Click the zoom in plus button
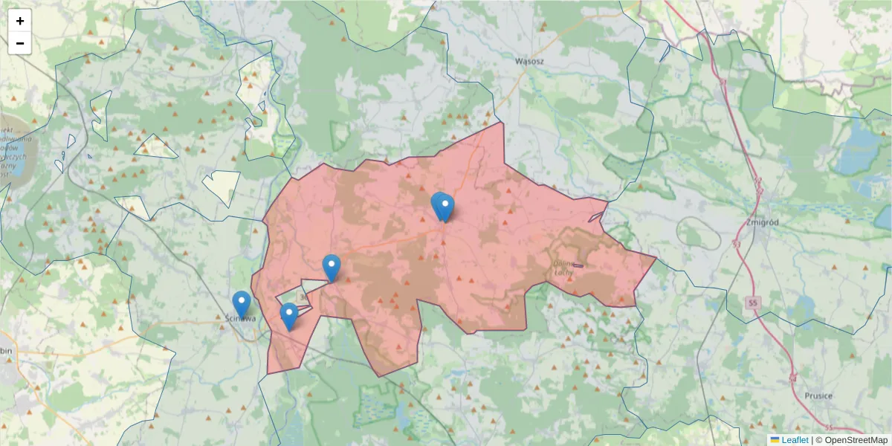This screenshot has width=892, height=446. pyautogui.click(x=20, y=21)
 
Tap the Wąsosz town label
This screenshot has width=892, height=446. pyautogui.click(x=531, y=61)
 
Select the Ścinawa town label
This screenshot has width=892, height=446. pyautogui.click(x=240, y=319)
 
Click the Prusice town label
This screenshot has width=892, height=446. pyautogui.click(x=818, y=396)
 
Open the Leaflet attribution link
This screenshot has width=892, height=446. pyautogui.click(x=795, y=440)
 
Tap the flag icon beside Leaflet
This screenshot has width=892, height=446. pyautogui.click(x=775, y=440)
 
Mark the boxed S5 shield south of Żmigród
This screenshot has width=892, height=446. pyautogui.click(x=754, y=303)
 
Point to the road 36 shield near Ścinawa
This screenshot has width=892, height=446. pyautogui.click(x=303, y=296)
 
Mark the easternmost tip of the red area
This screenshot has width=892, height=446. pyautogui.click(x=656, y=258)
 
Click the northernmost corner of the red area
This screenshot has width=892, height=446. pyautogui.click(x=503, y=123)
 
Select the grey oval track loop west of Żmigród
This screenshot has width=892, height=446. pyautogui.click(x=698, y=233)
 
